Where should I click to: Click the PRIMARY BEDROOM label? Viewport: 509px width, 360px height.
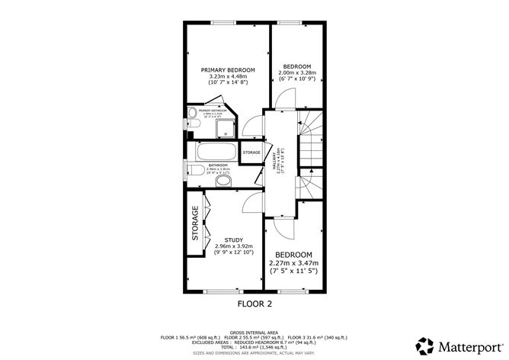click(228, 69)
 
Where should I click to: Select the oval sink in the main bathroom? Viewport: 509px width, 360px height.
click(224, 181)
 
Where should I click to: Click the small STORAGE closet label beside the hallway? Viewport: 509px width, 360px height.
click(251, 153)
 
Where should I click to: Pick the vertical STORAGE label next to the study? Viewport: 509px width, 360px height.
click(195, 223)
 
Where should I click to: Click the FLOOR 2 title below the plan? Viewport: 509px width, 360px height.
click(254, 303)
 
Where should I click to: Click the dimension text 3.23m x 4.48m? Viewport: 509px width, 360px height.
click(228, 76)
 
